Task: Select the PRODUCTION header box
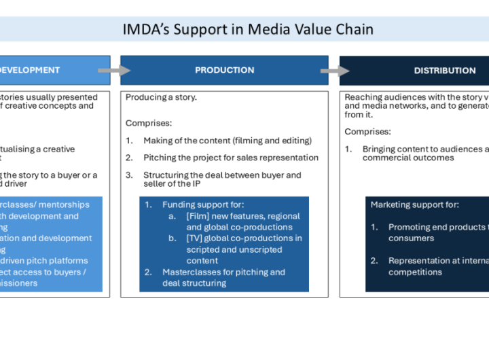tap(224, 70)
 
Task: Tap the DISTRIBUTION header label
tap(445, 71)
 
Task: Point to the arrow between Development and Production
tap(113, 70)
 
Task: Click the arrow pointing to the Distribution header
tap(334, 71)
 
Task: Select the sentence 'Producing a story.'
tap(161, 97)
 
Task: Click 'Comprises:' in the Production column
tap(149, 123)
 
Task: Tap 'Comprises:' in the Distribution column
tap(367, 132)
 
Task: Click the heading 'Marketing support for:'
tap(414, 204)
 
